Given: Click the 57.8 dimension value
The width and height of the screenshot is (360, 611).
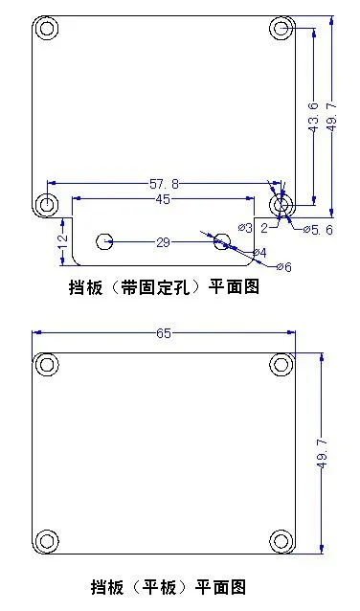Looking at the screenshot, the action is pyautogui.click(x=164, y=184).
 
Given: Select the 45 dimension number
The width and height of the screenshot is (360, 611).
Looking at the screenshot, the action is pyautogui.click(x=163, y=199).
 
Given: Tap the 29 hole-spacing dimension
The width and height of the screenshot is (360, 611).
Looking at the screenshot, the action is pyautogui.click(x=164, y=242).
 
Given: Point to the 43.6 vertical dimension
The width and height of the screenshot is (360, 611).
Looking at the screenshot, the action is pyautogui.click(x=315, y=118).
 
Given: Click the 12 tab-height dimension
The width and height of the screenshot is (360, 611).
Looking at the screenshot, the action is pyautogui.click(x=63, y=242).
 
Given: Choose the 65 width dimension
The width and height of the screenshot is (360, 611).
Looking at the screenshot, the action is pyautogui.click(x=164, y=333).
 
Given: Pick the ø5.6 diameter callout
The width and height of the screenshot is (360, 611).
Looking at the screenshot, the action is pyautogui.click(x=318, y=230).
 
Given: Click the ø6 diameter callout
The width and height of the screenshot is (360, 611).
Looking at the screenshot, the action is pyautogui.click(x=284, y=267).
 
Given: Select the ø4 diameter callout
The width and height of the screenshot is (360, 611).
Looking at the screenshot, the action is pyautogui.click(x=259, y=253).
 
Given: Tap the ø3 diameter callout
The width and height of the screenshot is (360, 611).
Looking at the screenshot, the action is pyautogui.click(x=245, y=228).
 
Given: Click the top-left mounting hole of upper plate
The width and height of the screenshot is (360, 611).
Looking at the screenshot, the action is pyautogui.click(x=47, y=29).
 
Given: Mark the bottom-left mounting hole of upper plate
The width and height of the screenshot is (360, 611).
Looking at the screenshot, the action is pyautogui.click(x=47, y=203).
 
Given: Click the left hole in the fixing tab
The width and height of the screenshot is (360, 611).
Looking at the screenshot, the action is pyautogui.click(x=104, y=241).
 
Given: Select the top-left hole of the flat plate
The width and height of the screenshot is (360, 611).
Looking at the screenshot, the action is pyautogui.click(x=47, y=365).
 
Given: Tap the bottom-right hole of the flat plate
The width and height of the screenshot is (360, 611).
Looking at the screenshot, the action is pyautogui.click(x=281, y=541).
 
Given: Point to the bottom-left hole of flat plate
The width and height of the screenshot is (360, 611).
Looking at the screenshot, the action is pyautogui.click(x=47, y=541).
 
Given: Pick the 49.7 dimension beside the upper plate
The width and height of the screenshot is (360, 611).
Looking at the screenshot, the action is pyautogui.click(x=332, y=118).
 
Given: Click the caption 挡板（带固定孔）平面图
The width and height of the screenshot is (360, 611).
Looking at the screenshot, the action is pyautogui.click(x=164, y=288).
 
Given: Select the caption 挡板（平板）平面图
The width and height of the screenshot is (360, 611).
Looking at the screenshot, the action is pyautogui.click(x=169, y=587).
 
